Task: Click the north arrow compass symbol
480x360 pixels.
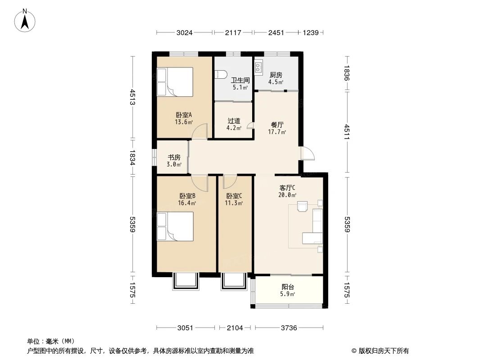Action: (x=25, y=21)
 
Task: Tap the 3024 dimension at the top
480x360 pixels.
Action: (x=184, y=32)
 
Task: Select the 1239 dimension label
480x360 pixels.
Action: (x=310, y=32)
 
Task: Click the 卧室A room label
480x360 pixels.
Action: (x=184, y=115)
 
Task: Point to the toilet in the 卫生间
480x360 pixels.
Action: (x=221, y=74)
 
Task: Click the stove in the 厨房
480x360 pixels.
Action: (x=258, y=68)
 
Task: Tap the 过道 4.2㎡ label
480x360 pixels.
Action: (x=234, y=124)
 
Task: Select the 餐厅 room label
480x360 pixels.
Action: (x=277, y=125)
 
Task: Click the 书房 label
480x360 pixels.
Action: (x=174, y=157)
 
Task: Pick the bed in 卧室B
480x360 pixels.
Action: (x=175, y=227)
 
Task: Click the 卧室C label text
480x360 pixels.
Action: (x=234, y=196)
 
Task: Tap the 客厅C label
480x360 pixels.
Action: (x=287, y=188)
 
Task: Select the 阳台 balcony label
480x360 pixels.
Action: (x=288, y=287)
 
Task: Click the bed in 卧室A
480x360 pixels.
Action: (x=175, y=81)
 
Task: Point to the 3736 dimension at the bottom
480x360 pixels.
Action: (x=289, y=328)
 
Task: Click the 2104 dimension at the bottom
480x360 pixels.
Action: (x=235, y=328)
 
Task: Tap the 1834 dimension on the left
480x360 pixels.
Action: (x=132, y=157)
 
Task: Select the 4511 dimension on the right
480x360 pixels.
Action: (x=347, y=132)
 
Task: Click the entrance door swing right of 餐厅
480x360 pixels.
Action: (x=308, y=153)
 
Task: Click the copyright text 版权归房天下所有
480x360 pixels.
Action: (x=384, y=351)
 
